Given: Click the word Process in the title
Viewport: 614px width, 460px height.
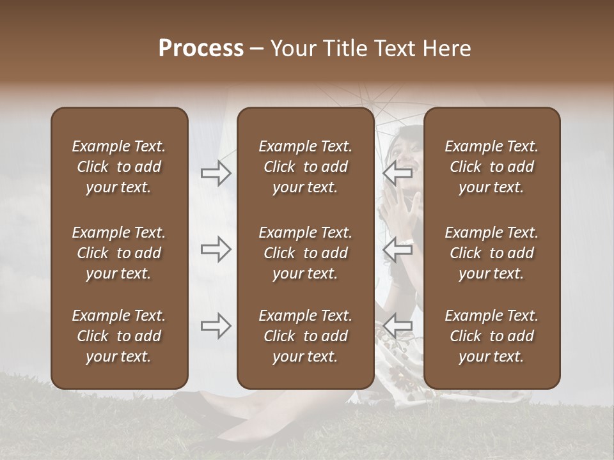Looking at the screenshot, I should coord(201,49).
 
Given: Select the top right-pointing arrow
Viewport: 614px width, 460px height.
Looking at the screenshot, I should coord(216,172).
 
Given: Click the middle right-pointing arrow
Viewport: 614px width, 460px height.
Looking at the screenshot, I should coord(216,250).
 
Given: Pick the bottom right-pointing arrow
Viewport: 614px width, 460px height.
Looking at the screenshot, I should coord(216,326).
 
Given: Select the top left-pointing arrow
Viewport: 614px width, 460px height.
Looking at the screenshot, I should coord(398,172).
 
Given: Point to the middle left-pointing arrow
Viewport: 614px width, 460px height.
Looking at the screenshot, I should coord(398,250).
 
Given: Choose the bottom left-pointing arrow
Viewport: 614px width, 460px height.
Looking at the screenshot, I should coord(398,326).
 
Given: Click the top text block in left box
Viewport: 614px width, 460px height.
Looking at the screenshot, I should coord(119,167).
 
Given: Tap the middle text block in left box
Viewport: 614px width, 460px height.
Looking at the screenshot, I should coord(119,253).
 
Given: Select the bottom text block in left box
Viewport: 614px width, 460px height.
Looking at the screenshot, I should coord(119,336).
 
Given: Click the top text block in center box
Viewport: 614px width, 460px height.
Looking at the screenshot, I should coord(305,167).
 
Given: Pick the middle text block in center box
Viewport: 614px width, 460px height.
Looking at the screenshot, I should coord(305,253).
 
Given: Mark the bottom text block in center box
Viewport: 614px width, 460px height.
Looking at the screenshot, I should coord(305,336).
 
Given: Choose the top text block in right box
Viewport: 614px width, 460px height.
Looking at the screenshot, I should coord(491,167).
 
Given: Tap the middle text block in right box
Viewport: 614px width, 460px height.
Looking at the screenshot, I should coord(491,253).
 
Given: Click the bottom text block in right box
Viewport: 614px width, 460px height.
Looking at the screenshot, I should coord(491,336).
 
